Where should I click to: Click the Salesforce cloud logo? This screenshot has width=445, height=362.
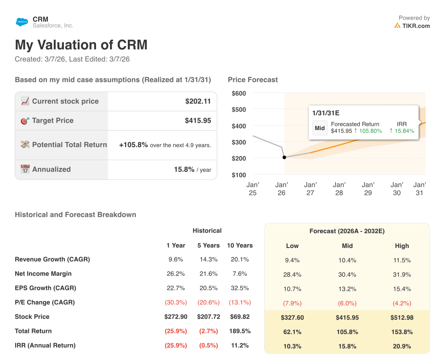(x=22, y=22)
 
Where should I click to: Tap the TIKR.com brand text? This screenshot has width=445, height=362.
(x=416, y=26)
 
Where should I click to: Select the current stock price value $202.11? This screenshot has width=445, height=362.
(x=198, y=101)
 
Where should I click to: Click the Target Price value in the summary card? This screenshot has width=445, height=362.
(x=198, y=121)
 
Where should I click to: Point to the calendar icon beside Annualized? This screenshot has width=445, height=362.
(x=25, y=169)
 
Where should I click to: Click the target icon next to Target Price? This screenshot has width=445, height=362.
(x=25, y=121)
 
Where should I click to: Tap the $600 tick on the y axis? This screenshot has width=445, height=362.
(x=239, y=94)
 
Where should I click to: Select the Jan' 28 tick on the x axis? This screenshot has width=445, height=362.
(x=339, y=189)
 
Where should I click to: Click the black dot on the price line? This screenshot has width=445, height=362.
(x=284, y=158)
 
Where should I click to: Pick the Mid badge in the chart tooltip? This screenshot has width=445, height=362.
(x=320, y=128)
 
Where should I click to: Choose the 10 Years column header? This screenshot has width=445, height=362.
(x=239, y=245)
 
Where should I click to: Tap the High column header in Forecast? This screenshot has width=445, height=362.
(x=402, y=246)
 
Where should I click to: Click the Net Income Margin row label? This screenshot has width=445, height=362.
(x=43, y=274)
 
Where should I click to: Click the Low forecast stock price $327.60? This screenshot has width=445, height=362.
(x=292, y=318)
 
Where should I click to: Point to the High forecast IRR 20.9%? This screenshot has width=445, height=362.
(x=402, y=346)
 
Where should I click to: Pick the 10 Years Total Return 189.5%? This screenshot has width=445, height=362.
(x=239, y=331)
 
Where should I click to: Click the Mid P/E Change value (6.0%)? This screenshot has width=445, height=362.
(x=347, y=303)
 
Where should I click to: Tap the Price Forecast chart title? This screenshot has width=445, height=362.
(x=252, y=80)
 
